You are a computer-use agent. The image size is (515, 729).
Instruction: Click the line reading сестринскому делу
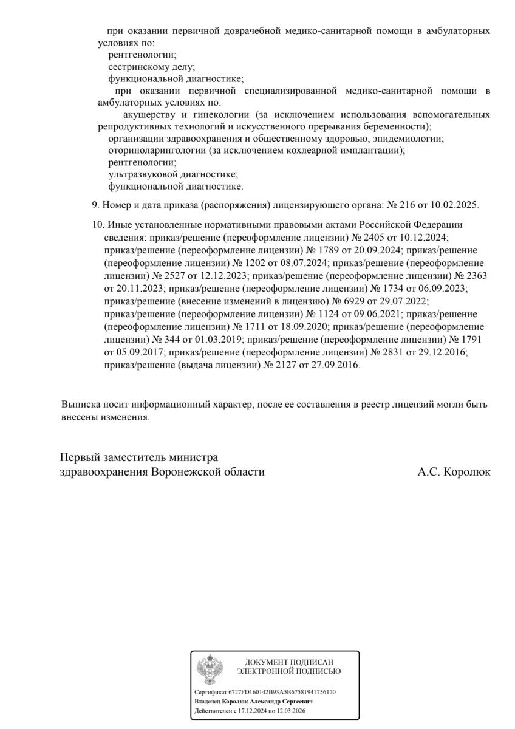(x=151, y=67)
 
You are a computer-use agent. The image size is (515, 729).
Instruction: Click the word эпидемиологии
(x=408, y=139)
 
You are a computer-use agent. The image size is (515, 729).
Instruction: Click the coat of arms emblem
(x=210, y=669)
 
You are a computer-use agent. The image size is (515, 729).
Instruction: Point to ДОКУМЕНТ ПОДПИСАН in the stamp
(x=289, y=662)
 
